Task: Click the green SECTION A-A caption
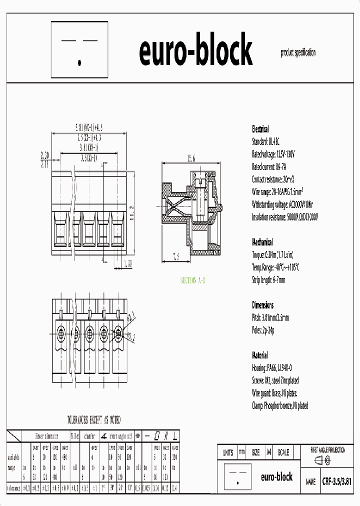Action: [193, 280]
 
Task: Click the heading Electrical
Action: [260, 129]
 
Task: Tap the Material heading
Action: [259, 355]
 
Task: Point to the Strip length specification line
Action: [268, 280]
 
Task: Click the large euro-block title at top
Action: [195, 52]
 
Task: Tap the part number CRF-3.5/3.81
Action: [337, 481]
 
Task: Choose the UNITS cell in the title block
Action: [227, 452]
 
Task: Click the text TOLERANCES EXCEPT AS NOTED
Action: [94, 419]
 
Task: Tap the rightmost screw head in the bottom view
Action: [119, 332]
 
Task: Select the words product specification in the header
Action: [298, 52]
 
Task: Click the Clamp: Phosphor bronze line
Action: [280, 405]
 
